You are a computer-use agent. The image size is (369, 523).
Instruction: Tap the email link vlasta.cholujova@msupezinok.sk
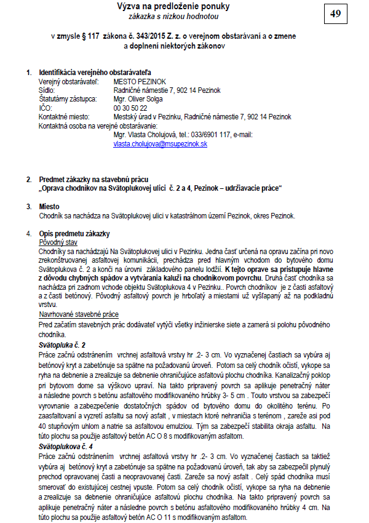[x=160, y=143]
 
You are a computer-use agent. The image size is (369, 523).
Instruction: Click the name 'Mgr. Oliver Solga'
[x=139, y=98]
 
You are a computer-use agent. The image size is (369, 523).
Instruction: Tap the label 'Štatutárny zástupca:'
[x=68, y=98]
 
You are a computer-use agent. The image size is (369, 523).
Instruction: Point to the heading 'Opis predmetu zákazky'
[x=74, y=234]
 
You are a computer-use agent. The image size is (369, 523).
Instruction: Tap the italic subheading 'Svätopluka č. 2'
[x=62, y=345]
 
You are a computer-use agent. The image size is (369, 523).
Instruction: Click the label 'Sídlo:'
[x=47, y=90]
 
